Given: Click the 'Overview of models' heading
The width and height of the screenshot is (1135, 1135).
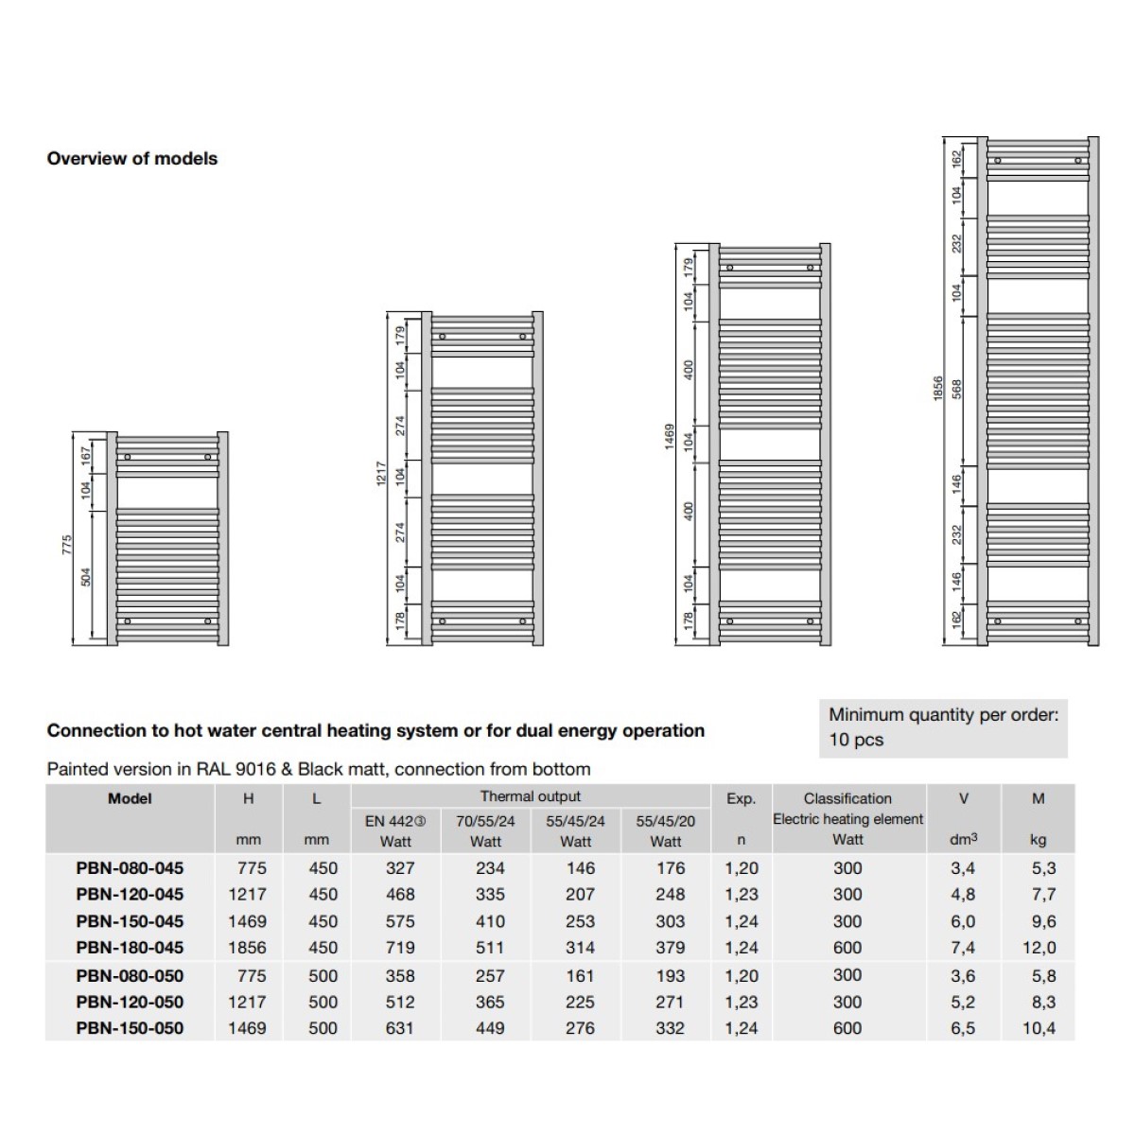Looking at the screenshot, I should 132,159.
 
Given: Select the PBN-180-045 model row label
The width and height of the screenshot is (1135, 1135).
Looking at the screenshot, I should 130,948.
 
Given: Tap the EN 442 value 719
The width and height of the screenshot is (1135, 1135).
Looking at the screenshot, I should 399,948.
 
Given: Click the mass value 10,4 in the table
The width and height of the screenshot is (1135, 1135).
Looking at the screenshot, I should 1039,1028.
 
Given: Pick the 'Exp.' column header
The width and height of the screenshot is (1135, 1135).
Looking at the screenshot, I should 741,799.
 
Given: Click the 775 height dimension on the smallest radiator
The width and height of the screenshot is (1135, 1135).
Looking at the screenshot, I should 67,545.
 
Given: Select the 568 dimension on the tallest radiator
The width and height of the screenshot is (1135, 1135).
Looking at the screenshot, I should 956,390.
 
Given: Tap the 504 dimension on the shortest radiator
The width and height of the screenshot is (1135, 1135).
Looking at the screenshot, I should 86,577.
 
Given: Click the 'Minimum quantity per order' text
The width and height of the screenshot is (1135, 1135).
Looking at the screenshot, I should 943,715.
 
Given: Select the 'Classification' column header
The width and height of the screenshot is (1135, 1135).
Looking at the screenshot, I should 847,799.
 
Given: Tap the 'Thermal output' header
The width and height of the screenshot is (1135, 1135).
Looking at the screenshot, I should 531,796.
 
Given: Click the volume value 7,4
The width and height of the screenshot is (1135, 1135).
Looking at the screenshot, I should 963,948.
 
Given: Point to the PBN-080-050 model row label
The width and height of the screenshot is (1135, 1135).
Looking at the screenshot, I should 130,975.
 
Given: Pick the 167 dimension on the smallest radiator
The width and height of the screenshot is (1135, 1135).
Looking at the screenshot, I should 86,455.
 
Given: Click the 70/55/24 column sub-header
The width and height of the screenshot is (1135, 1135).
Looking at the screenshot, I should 485,821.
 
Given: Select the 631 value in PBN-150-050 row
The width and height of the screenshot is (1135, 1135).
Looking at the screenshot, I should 399,1028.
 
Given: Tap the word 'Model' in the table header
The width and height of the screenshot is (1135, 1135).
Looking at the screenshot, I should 130,799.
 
